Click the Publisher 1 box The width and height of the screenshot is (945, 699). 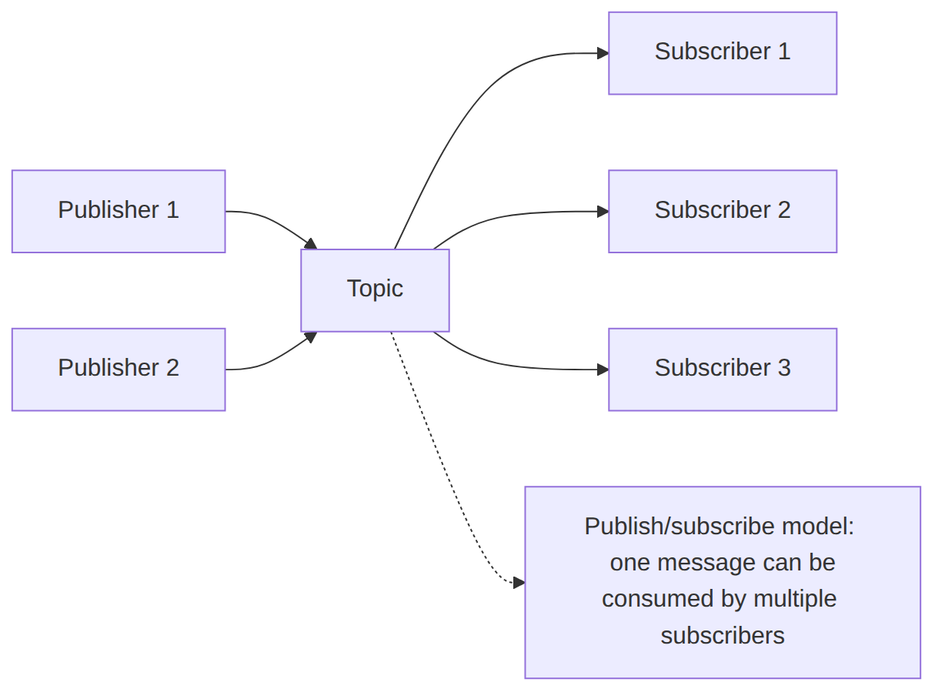pos(119,212)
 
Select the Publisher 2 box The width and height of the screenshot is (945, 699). pos(119,370)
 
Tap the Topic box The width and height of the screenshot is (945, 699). pos(375,290)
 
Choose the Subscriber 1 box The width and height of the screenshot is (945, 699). pos(723,53)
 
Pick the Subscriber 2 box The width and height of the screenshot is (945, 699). pos(723,212)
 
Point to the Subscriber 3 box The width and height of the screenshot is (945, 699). pos(723,370)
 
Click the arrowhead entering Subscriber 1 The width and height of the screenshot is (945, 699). pos(603,53)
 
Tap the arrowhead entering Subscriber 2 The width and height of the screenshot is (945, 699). pos(603,212)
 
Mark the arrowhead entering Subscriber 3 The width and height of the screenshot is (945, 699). pos(603,370)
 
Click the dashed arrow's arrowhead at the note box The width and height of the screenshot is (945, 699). pos(519,583)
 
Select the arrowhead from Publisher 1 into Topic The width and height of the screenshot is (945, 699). pos(311,244)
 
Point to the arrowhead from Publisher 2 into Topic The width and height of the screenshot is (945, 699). pos(311,336)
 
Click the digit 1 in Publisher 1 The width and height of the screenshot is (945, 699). pos(172,209)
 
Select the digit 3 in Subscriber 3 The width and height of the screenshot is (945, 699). pos(784,368)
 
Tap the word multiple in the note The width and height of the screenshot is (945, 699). pos(795,599)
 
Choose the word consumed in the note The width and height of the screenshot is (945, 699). pos(658,599)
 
